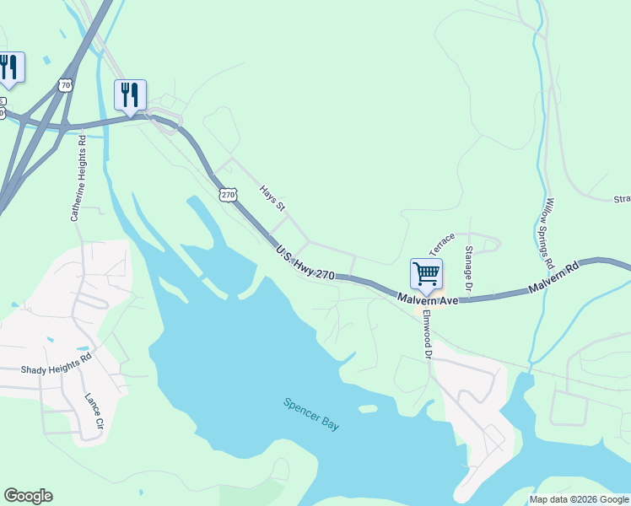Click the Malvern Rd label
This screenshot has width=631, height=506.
click(553, 277)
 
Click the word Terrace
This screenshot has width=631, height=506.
click(442, 244)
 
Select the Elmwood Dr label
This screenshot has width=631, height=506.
click(427, 335)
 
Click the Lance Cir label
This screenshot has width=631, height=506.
click(93, 411)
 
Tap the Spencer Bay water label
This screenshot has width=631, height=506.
click(311, 414)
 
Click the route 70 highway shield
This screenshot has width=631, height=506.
click(66, 84)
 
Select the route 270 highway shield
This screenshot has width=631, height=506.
click(228, 195)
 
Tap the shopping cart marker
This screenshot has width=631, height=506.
click(426, 274)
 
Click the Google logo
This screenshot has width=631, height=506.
click(28, 496)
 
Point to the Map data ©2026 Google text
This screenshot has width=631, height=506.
click(579, 499)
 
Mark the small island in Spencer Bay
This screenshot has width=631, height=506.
click(367, 409)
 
